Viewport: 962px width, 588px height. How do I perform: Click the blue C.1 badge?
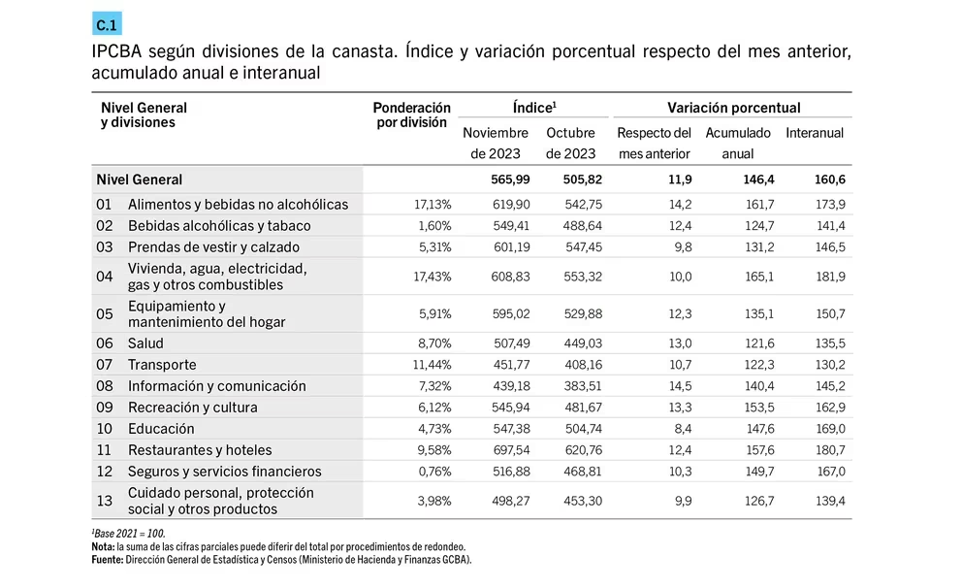[107, 24]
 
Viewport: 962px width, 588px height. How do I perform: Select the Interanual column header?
[815, 133]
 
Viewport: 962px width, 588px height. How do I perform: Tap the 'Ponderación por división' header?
[411, 114]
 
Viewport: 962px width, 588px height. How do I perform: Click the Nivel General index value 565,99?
[510, 180]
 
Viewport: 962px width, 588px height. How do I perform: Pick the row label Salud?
[145, 343]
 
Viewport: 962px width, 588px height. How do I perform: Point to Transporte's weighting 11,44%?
[432, 365]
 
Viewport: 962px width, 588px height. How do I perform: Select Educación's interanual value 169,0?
[830, 429]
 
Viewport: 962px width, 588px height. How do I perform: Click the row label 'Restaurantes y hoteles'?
[200, 450]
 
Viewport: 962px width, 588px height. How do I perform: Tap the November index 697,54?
[510, 450]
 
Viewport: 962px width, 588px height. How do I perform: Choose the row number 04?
[105, 277]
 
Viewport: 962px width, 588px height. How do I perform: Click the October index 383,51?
[583, 386]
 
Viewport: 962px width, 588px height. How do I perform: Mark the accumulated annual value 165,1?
[759, 277]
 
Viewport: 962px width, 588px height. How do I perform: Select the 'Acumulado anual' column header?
[737, 143]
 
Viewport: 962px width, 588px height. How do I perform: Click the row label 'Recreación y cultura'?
[193, 407]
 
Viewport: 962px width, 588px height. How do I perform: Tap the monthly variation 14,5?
[681, 386]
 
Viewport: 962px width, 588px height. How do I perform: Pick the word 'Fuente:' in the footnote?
[108, 559]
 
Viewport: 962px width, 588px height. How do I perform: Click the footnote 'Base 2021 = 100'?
[129, 534]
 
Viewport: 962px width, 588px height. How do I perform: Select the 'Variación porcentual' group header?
[734, 108]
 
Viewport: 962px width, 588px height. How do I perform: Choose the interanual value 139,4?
[830, 501]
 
